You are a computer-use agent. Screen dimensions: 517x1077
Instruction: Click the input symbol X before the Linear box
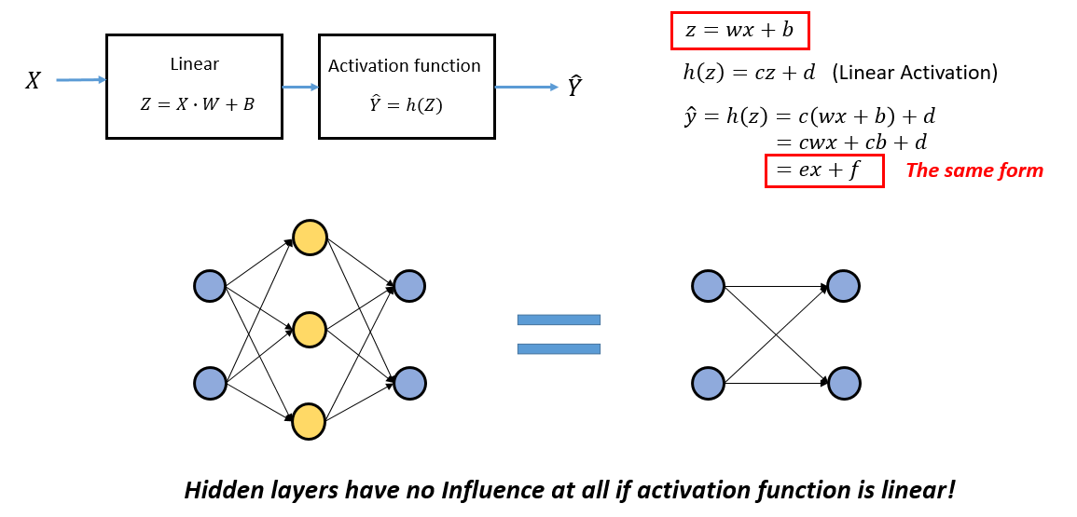pyautogui.click(x=33, y=81)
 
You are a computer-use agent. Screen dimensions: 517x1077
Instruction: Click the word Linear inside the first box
pyautogui.click(x=194, y=64)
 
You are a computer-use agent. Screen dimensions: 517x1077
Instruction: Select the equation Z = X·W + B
pyautogui.click(x=197, y=104)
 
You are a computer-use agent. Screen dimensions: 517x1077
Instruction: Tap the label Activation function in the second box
pyautogui.click(x=405, y=66)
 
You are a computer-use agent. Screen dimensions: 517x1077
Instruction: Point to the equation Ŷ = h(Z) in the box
pyautogui.click(x=407, y=105)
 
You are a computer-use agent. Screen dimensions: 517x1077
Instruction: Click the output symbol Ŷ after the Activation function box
pyautogui.click(x=575, y=88)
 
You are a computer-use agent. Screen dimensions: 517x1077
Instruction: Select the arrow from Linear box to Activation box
pyautogui.click(x=300, y=88)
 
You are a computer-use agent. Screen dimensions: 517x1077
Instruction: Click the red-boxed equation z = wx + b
pyautogui.click(x=739, y=31)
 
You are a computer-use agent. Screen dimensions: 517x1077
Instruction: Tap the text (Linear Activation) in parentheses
pyautogui.click(x=914, y=73)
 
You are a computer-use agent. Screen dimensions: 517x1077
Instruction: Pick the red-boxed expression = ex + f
pyautogui.click(x=824, y=170)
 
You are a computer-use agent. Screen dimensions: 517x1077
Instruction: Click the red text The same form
pyautogui.click(x=974, y=170)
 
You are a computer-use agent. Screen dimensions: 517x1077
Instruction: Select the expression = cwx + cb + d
pyautogui.click(x=851, y=143)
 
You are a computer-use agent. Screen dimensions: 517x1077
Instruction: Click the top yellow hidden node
pyautogui.click(x=310, y=238)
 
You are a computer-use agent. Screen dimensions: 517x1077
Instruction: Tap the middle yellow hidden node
pyautogui.click(x=310, y=329)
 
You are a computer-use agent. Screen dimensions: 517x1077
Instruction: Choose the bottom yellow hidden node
pyautogui.click(x=310, y=421)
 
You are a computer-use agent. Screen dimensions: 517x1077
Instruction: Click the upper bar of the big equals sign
pyautogui.click(x=559, y=320)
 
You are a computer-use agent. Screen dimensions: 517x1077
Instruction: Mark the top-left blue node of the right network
pyautogui.click(x=709, y=286)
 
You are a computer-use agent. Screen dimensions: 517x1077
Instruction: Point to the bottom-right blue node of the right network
pyautogui.click(x=843, y=383)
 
